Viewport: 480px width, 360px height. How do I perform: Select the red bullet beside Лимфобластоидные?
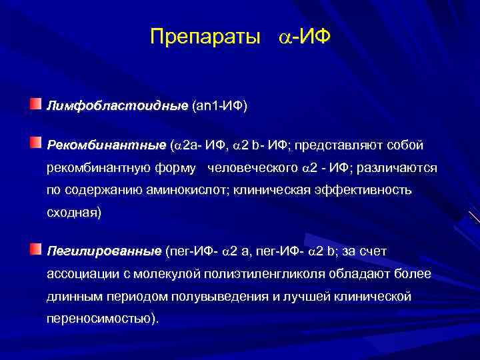[35, 103]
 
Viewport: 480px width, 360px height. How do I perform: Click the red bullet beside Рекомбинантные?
[35, 142]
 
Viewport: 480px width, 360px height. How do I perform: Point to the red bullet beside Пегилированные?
[35, 249]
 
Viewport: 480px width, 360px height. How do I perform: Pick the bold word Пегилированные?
[104, 251]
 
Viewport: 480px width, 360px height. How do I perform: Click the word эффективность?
[368, 191]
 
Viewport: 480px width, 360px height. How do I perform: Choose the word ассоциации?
[80, 275]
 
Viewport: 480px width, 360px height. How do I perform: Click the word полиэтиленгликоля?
[279, 275]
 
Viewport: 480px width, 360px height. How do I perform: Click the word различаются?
[399, 168]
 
